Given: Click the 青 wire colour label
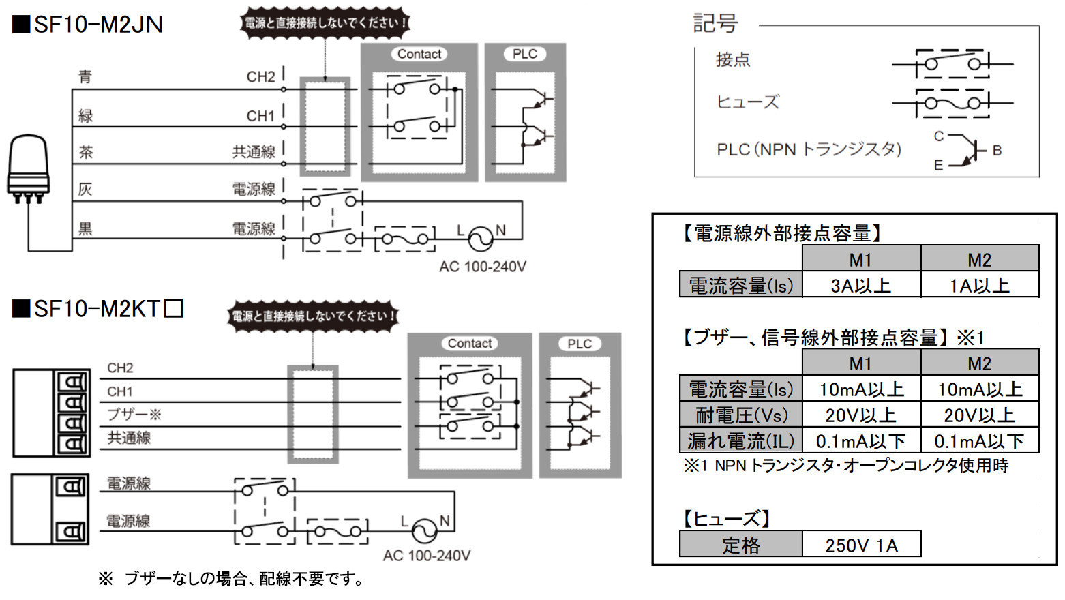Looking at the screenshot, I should pos(85,76).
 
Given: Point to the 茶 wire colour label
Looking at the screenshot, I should pos(86,151).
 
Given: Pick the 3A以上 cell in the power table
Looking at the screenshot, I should pos(861,285).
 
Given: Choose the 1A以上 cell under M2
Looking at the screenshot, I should pos(980,285).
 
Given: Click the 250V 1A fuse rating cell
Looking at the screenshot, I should pos(861,545).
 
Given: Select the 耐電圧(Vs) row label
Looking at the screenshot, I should pos(741,415).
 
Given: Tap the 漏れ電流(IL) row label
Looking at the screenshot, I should pos(741,440).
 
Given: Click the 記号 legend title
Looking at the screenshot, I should pos(715,23).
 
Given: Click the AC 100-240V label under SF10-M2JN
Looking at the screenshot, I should pos(483,267).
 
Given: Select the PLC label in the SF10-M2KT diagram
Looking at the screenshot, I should pos(580,344).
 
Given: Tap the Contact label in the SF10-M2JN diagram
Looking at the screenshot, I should pos(419,54).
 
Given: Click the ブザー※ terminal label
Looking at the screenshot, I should pos(134,414).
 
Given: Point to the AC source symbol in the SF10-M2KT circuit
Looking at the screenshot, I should pos(425,530).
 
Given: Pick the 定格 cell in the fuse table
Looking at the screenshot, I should pos(741,545).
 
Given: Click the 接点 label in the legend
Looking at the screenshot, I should pos(733,60).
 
